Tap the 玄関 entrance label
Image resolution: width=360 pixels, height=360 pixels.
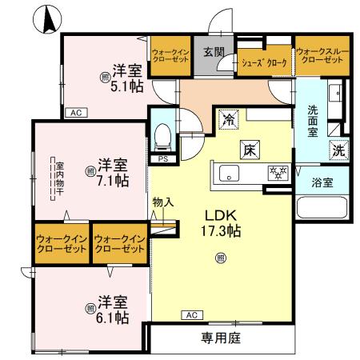point(213,53)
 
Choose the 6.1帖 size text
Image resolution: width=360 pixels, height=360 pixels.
point(114,317)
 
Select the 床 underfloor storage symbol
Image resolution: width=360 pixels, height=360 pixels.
point(249,149)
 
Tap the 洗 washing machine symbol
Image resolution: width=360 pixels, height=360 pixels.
point(338,149)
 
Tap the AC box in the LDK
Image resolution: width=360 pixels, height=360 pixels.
point(192,314)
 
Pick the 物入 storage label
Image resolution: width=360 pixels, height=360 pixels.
point(163,203)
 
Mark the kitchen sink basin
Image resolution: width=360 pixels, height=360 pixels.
point(228,172)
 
